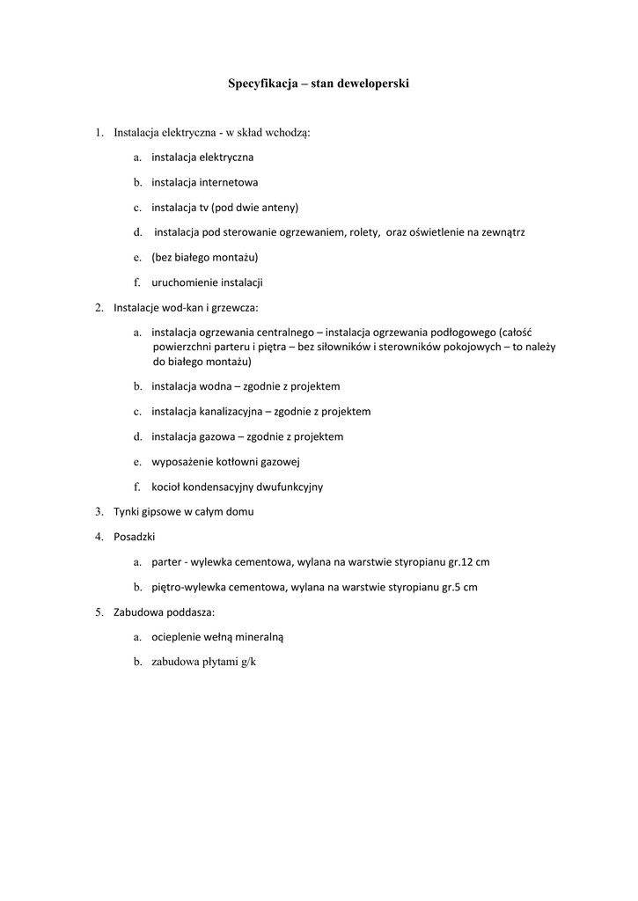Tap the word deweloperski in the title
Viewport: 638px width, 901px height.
(373, 84)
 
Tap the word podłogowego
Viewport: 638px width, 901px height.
(458, 333)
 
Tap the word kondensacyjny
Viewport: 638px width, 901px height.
(220, 487)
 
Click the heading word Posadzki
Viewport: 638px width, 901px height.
(135, 536)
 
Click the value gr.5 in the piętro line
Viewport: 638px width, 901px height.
(451, 587)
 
